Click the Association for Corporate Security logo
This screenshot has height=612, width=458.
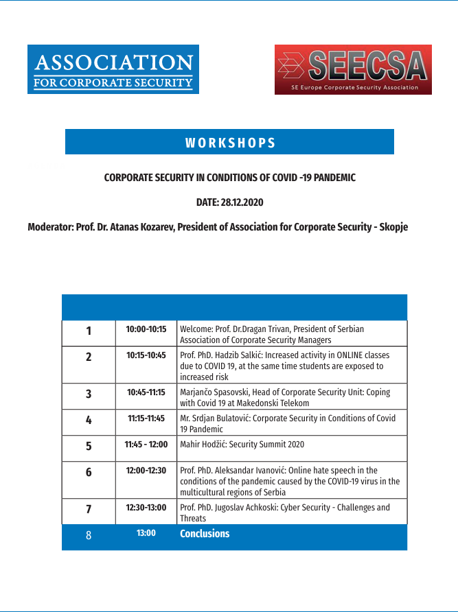(113, 69)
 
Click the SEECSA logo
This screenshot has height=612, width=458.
(353, 69)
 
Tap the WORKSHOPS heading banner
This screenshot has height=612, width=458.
(229, 143)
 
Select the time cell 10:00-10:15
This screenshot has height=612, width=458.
(146, 329)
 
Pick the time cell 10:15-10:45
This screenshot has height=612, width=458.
(146, 355)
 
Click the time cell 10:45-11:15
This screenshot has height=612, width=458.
(146, 392)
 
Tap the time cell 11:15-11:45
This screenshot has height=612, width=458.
(146, 419)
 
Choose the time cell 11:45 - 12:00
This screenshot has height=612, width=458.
(146, 445)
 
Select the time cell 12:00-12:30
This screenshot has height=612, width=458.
(146, 471)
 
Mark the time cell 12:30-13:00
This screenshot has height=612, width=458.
(146, 508)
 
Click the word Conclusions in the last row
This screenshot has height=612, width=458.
(205, 534)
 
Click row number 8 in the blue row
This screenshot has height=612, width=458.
(89, 535)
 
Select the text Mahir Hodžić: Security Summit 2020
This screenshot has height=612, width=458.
(242, 445)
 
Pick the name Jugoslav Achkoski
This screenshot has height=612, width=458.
(247, 508)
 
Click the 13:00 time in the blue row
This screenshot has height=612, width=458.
(146, 534)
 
